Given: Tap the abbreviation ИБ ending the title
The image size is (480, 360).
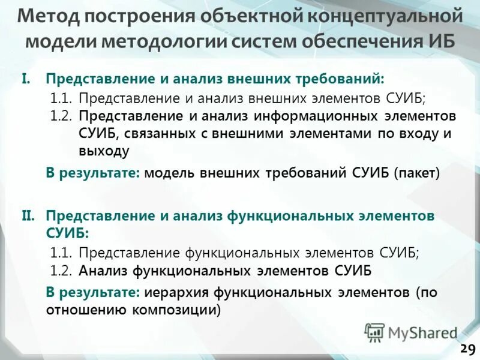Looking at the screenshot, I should pos(440,42).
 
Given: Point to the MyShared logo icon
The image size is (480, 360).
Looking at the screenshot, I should pos(374,332).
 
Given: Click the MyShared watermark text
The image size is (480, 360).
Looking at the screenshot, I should pos(422,332).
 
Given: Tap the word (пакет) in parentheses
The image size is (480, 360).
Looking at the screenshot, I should pos(417,173).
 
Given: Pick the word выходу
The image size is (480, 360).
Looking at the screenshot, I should pos(103,151).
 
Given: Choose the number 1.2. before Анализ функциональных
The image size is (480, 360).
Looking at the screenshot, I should pos(61,271).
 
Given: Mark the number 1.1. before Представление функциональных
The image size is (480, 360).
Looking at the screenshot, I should pos(61,253).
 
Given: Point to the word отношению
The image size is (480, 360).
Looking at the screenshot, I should pos(86,310).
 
